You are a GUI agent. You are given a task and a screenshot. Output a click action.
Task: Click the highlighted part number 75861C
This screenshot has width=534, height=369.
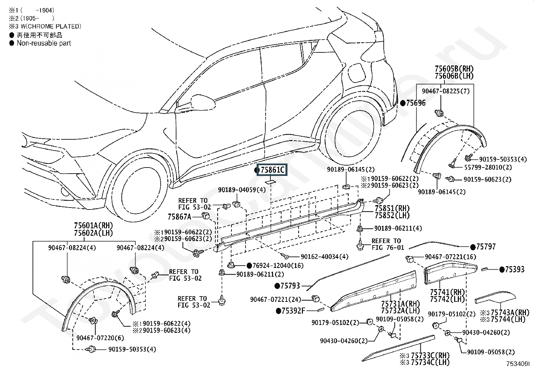272,170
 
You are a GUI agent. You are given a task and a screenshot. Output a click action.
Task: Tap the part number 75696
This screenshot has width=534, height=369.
416,103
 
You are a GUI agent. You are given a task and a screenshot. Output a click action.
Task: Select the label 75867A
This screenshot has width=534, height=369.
179,217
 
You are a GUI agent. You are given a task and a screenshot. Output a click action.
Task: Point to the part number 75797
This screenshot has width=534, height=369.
486,247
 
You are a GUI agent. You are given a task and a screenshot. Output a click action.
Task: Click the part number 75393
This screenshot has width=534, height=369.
515,270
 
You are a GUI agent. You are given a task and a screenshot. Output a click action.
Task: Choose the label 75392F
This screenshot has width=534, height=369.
293,311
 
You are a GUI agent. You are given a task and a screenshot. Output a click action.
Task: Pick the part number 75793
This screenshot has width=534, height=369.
290,286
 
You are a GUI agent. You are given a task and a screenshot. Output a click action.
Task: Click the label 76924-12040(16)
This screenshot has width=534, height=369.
278,266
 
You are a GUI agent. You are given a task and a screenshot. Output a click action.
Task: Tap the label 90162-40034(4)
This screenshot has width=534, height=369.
324,257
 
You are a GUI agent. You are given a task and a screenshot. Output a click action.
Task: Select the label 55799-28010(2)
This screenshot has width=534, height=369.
488,167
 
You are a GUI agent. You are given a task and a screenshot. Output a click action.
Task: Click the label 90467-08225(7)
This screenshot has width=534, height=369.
445,91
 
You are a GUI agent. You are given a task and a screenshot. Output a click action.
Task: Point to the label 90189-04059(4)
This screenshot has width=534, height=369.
242,190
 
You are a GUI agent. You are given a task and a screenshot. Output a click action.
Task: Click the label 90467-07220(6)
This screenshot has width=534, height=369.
100,338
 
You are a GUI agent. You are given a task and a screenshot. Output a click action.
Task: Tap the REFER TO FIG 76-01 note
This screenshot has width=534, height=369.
388,244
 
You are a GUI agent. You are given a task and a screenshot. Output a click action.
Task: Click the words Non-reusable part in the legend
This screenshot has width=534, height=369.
44,43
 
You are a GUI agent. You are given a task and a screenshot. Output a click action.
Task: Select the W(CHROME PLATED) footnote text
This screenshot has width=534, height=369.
51,27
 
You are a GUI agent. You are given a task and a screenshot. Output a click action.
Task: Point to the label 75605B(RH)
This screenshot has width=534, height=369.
454,69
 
